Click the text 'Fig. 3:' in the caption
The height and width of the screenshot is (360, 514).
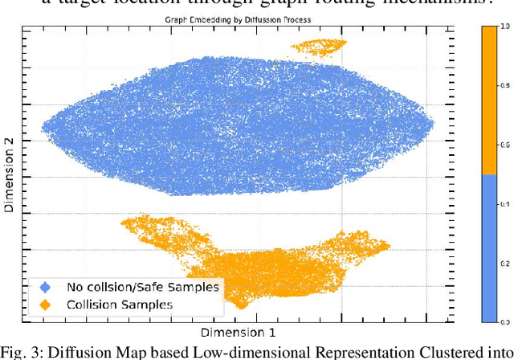[x=23, y=350]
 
